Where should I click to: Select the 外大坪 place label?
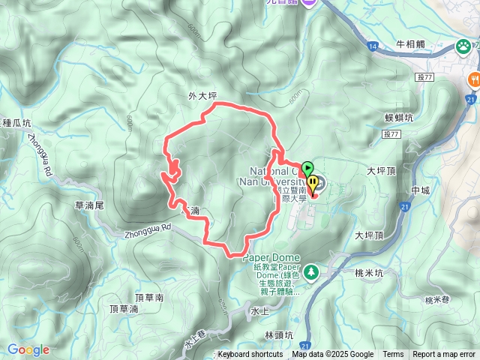(x=202, y=96)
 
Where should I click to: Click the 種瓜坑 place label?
(x=16, y=122)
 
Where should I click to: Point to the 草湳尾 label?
(x=89, y=205)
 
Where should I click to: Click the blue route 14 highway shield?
(x=373, y=46)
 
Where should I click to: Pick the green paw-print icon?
(x=464, y=47)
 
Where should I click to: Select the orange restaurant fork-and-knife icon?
(x=474, y=79)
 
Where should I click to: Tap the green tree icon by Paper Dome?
(x=312, y=271)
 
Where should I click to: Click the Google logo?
(x=28, y=349)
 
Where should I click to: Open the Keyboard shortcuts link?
(x=250, y=355)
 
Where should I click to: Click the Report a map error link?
(x=444, y=355)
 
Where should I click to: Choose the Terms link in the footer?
(x=393, y=355)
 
